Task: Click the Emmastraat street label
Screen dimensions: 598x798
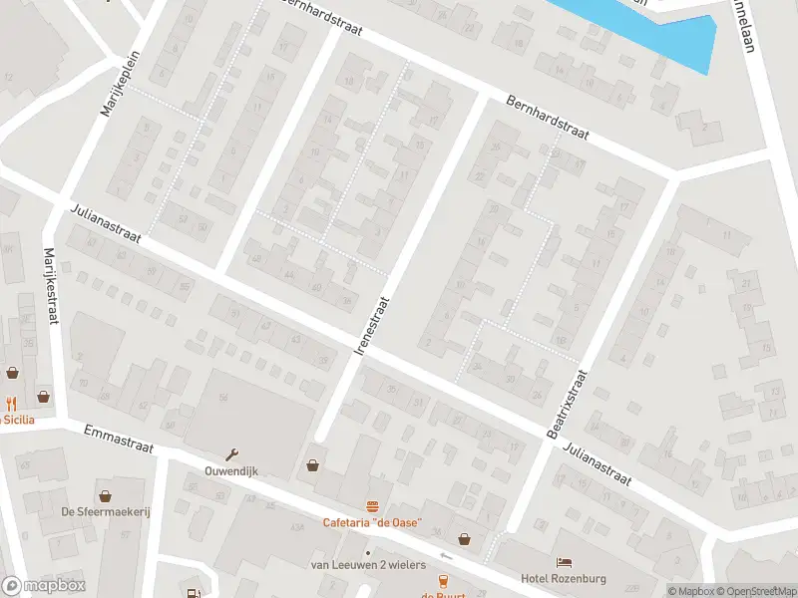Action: coord(119,440)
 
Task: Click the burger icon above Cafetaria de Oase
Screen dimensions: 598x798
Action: coord(372,506)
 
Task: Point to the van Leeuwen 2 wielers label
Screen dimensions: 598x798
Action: coord(368,565)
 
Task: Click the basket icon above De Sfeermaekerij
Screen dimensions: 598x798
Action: coord(105,494)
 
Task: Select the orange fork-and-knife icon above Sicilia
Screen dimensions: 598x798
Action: coord(13,404)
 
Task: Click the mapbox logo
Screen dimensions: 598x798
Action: coord(44,586)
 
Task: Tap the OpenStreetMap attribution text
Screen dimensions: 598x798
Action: coord(755,591)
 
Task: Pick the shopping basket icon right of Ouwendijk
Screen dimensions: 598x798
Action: coord(313,464)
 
